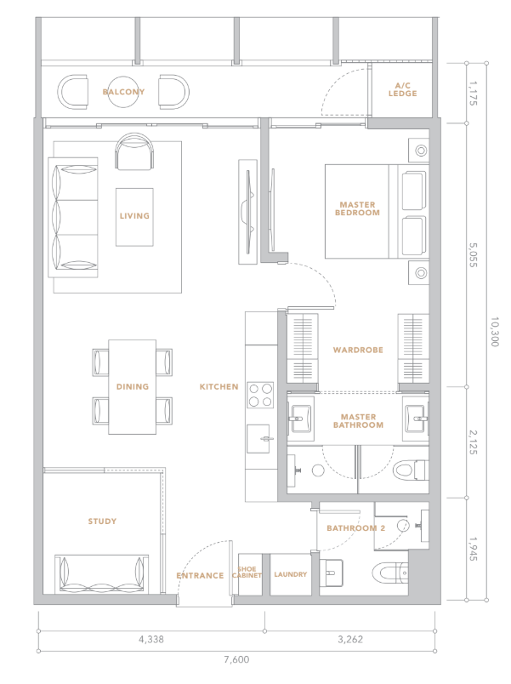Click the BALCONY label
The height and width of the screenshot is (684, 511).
coord(123,92)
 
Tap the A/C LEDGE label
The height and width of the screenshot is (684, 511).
coord(402,89)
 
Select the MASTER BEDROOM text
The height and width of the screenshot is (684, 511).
coord(357,208)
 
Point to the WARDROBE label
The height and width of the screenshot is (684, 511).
coord(358,350)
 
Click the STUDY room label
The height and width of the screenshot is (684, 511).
coord(102,522)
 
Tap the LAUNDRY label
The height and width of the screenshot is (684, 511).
coord(291,574)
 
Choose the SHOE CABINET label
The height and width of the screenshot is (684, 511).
coord(247,573)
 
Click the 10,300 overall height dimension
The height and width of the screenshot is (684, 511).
coord(495,332)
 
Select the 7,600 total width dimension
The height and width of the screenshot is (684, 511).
coord(236,659)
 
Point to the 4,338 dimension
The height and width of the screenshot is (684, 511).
coord(151,640)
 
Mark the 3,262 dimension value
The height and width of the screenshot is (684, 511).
coord(350,640)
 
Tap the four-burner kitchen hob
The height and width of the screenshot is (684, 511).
coord(260,395)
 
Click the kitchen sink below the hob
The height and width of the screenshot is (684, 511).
coord(258,439)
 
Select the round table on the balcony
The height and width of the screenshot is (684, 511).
coord(123,92)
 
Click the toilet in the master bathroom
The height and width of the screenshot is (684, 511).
coord(411,470)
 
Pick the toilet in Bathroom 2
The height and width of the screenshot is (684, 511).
coord(390,573)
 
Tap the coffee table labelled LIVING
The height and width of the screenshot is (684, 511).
coord(134,217)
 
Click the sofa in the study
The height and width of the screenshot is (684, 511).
coord(101,573)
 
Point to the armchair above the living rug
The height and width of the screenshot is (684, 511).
coord(134,151)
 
